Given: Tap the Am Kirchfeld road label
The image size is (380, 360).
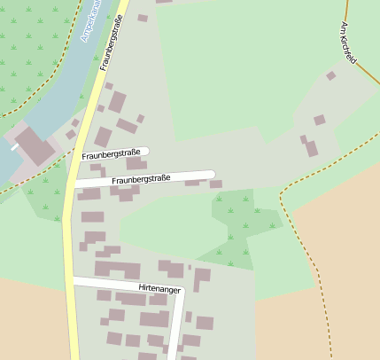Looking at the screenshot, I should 348,43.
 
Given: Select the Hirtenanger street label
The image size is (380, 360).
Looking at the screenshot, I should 159,289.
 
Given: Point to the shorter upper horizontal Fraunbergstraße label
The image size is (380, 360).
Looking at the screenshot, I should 113,154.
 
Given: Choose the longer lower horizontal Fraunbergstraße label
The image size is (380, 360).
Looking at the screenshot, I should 141,179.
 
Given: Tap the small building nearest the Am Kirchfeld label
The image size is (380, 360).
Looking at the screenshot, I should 330,76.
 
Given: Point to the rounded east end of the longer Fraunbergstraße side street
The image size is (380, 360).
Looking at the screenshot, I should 213,174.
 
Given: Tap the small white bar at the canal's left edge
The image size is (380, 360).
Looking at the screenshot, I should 14,146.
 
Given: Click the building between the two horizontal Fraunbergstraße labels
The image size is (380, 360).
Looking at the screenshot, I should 136,164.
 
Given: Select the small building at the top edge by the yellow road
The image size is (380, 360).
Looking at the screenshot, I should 143,18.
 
